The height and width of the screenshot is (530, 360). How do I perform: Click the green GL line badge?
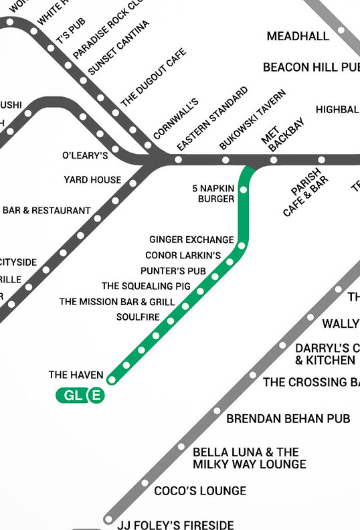tap(72, 396)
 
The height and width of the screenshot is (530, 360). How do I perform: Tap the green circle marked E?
tap(96, 396)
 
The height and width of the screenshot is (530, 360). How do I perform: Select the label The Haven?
tap(76, 375)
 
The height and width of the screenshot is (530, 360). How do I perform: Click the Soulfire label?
tap(138, 317)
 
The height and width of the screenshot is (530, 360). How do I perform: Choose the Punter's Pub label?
tap(173, 271)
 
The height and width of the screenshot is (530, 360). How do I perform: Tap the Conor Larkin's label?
tap(183, 256)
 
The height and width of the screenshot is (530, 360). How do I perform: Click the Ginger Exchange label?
tap(191, 240)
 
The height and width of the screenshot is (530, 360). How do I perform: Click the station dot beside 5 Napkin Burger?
tap(243, 190)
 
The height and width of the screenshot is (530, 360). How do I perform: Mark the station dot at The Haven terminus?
tap(112, 380)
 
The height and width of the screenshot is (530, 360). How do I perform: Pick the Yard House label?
tap(92, 179)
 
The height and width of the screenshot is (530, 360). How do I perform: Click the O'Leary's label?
tap(85, 156)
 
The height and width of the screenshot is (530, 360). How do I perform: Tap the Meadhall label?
tap(298, 36)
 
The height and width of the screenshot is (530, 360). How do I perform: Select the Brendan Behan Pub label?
tap(288, 419)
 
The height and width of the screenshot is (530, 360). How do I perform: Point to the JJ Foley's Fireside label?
tap(176, 525)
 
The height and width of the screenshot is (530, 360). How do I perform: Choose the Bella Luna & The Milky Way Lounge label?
tap(249, 458)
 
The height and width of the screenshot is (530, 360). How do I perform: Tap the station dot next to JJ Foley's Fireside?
tap(108, 519)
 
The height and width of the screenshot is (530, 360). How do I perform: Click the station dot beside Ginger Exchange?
tap(242, 246)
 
